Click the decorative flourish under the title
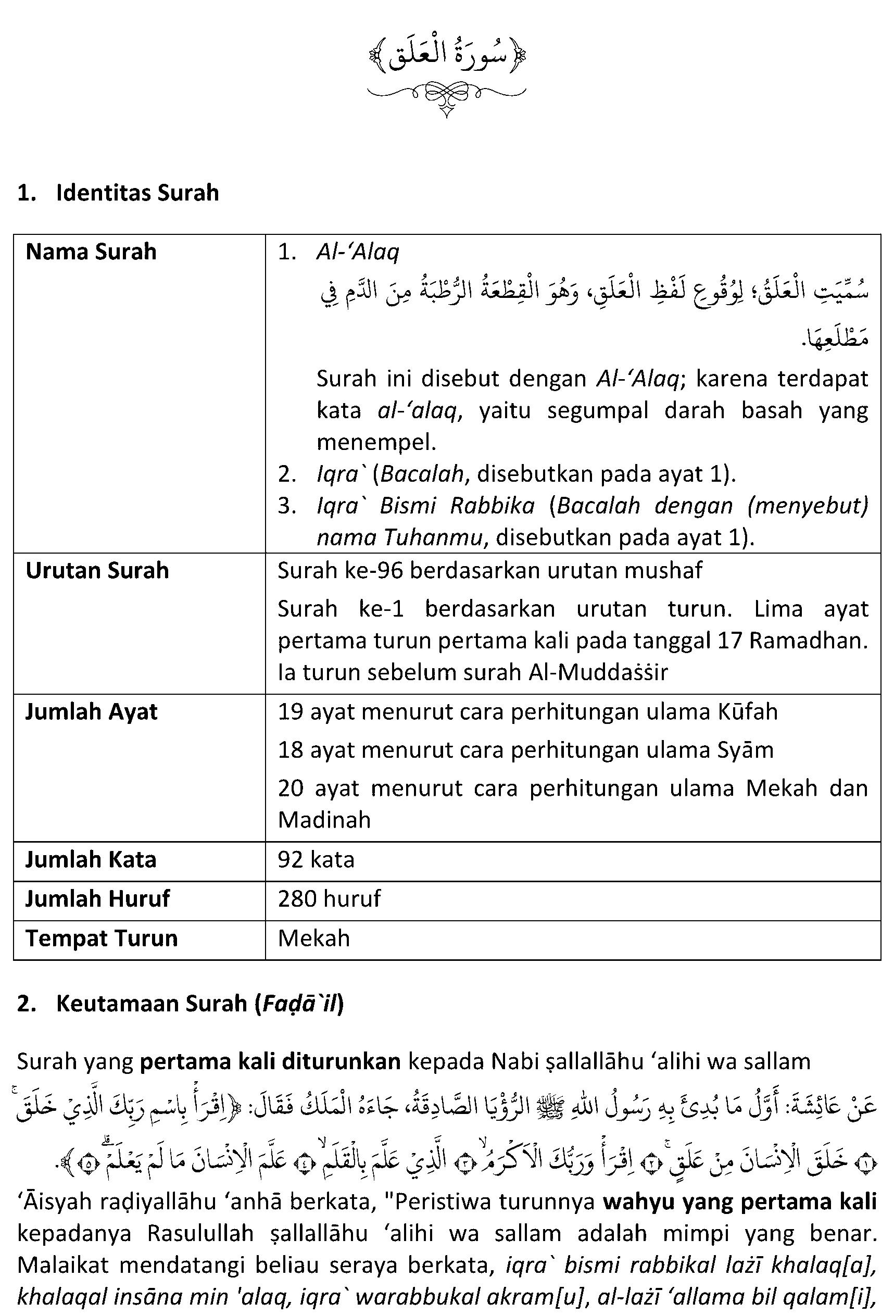pos(446,96)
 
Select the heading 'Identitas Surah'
pos(137,193)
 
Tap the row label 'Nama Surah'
pos(91,252)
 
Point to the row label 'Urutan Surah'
pos(97,570)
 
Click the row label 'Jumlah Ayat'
pos(91,711)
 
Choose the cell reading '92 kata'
pos(316,859)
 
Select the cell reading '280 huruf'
pos(329,898)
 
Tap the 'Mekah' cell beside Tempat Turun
pos(314,938)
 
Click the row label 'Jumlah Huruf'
pos(97,898)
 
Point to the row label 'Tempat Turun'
pos(102,938)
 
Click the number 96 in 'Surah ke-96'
pos(390,570)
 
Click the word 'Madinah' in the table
pos(324,819)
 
